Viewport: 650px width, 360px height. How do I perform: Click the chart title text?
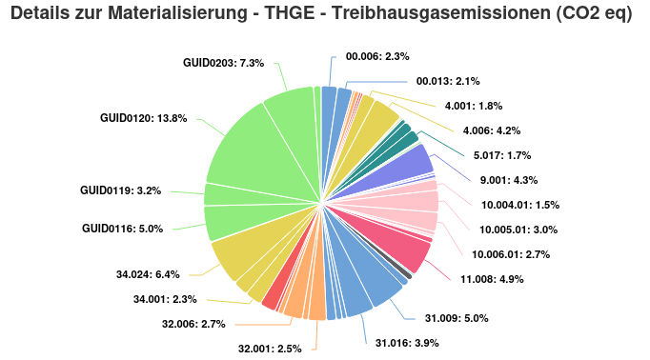pos(325,16)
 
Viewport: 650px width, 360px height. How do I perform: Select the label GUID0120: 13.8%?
pos(144,118)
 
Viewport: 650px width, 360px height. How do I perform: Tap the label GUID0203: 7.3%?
pos(223,62)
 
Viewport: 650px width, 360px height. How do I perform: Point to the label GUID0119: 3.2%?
pos(121,190)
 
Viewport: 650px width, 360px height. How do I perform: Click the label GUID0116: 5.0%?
pos(123,229)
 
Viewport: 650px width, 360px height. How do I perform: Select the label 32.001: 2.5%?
pos(270,349)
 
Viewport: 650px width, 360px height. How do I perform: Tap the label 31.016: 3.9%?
pos(407,343)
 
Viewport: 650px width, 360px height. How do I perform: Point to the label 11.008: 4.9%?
pos(492,279)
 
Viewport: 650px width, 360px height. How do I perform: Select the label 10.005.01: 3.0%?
pos(519,230)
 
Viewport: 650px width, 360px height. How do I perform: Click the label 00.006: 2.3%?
pos(377,56)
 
